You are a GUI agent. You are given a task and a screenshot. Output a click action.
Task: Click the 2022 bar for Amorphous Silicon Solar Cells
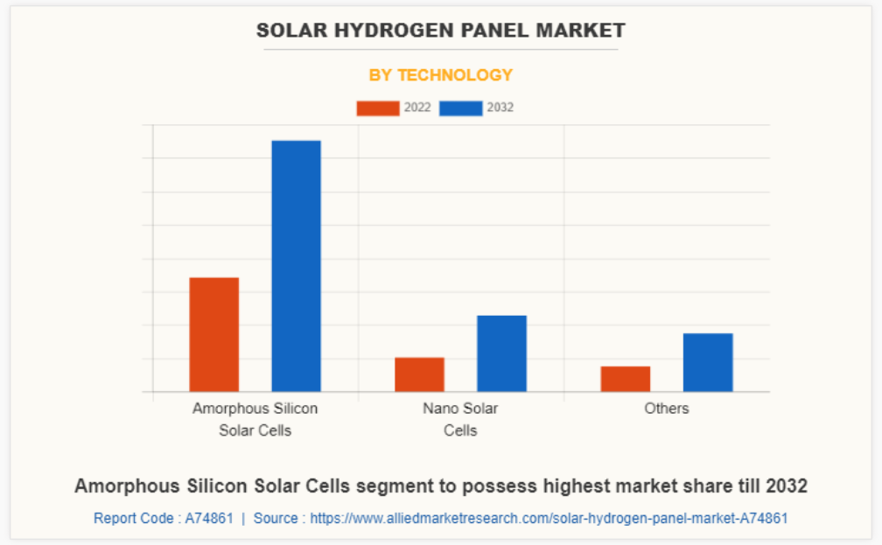[x=213, y=334]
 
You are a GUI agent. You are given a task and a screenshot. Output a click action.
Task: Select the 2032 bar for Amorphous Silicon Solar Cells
[x=296, y=266]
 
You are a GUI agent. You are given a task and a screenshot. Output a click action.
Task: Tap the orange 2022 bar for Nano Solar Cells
[x=419, y=374]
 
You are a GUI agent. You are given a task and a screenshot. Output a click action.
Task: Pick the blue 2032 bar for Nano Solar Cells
[x=501, y=353]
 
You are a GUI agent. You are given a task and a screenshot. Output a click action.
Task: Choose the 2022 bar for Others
[x=625, y=379]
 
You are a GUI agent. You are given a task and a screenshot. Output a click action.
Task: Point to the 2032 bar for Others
[x=707, y=362]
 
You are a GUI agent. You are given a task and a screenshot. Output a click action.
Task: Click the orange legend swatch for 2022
[x=377, y=108]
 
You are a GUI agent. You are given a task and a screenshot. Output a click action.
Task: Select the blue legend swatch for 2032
[x=460, y=108]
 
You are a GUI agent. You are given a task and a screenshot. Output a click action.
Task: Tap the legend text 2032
[x=500, y=108]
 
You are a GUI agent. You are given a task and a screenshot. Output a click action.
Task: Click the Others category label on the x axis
[x=666, y=409]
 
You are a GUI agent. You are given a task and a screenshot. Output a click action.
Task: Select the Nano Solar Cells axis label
[x=460, y=419]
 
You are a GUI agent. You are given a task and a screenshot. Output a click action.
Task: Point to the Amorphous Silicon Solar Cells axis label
[x=255, y=419]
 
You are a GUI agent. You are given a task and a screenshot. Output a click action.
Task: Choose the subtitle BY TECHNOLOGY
[x=440, y=75]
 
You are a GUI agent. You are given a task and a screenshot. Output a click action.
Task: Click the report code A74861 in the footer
[x=208, y=518]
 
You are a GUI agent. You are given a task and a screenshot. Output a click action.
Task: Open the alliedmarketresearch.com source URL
[x=549, y=518]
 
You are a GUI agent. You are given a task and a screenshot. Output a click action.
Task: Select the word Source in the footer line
[x=276, y=518]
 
